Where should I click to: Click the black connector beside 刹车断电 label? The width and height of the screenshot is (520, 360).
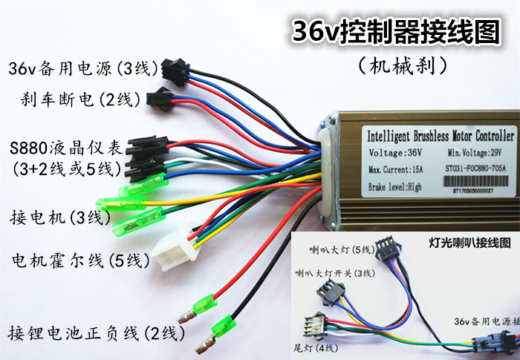click(163, 96)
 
